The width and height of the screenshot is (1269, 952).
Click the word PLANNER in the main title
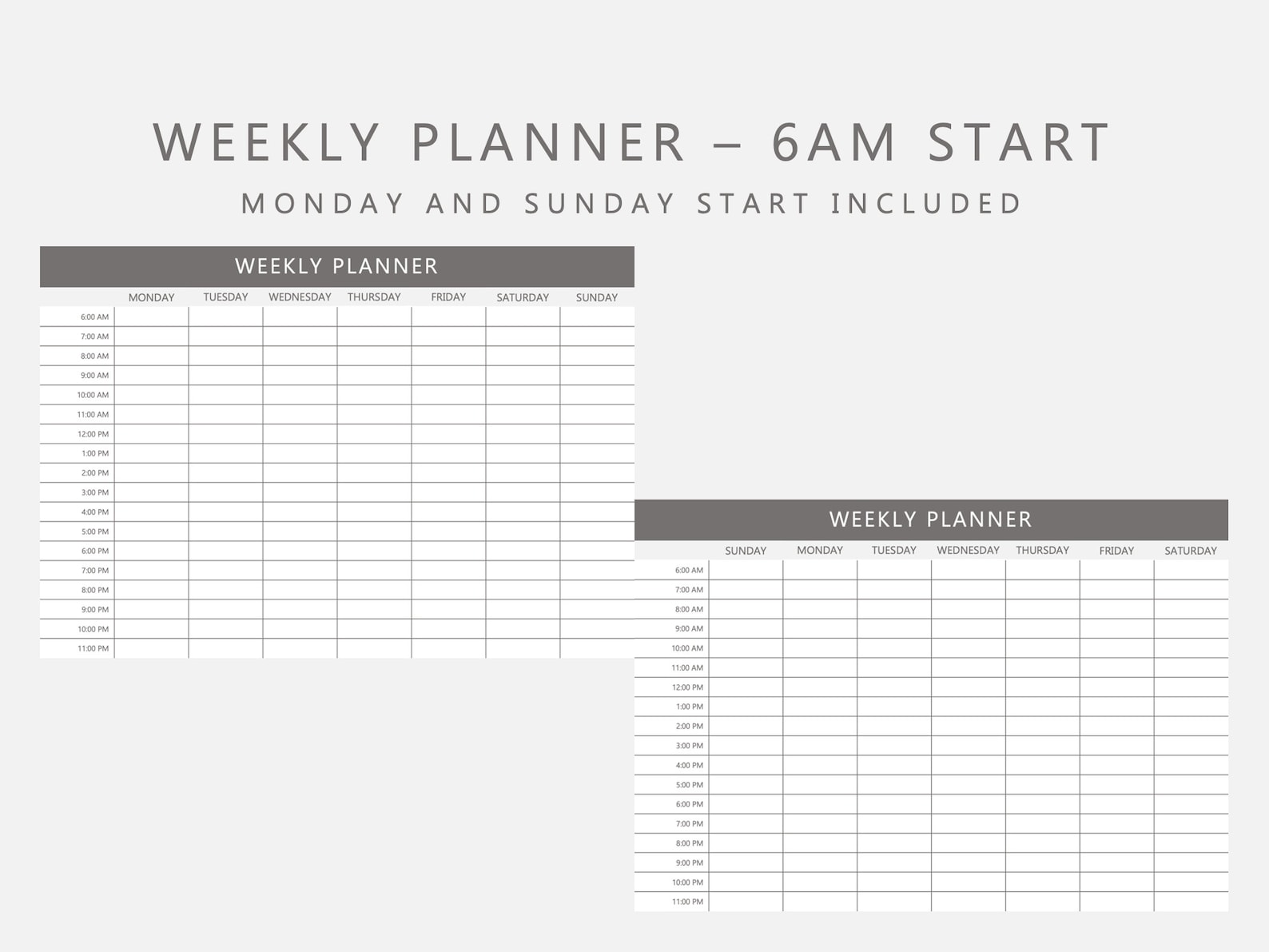tap(548, 142)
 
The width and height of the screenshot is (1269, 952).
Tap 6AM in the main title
tap(834, 142)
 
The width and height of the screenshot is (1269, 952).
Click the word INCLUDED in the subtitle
tap(926, 204)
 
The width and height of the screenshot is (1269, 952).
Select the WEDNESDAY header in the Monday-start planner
tap(300, 297)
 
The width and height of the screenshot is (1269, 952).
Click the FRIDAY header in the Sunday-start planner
tap(1116, 551)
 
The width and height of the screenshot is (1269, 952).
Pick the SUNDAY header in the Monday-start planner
tap(597, 297)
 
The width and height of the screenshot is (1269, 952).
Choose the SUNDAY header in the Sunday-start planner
tap(746, 551)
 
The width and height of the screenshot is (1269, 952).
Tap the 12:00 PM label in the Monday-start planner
tap(93, 434)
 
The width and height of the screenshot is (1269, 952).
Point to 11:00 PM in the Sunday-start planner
tap(687, 902)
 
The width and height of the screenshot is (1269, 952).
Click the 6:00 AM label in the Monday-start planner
tap(94, 317)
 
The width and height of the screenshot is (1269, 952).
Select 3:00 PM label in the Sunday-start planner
tap(689, 746)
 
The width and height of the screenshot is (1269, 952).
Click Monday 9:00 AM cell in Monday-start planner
tap(152, 376)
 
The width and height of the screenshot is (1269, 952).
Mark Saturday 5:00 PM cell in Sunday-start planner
tap(1191, 785)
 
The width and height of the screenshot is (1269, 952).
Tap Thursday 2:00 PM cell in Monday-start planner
tap(374, 473)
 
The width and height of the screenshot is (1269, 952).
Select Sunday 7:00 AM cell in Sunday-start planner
tap(746, 590)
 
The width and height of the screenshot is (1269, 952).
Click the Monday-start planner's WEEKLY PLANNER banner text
tap(336, 266)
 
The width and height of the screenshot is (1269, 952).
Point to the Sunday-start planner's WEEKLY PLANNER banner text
tap(931, 520)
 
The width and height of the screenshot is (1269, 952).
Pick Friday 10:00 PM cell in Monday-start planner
tap(448, 629)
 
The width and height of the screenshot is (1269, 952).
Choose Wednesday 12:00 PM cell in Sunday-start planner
tap(968, 687)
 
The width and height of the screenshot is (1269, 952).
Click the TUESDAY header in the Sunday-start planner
tap(893, 551)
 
